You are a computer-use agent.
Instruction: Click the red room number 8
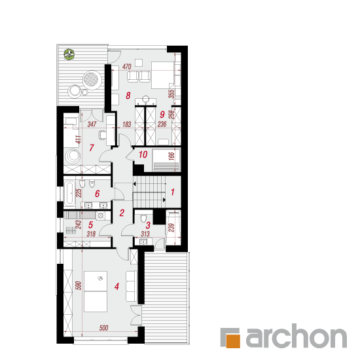[128, 96]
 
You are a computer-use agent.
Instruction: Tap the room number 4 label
[117, 286]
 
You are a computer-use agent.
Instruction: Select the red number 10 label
[143, 154]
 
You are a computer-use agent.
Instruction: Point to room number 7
[92, 148]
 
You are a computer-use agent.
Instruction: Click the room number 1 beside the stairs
[173, 192]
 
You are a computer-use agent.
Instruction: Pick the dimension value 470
[127, 67]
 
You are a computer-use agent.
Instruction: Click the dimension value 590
[79, 285]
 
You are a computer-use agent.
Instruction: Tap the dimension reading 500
[104, 328]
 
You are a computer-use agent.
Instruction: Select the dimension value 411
[79, 139]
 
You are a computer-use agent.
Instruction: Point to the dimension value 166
[171, 156]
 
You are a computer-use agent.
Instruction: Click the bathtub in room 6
[69, 193]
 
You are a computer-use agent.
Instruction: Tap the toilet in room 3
[143, 218]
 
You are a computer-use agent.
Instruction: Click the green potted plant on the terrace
[69, 54]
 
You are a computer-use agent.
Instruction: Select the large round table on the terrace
[92, 79]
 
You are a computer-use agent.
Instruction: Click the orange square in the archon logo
[233, 341]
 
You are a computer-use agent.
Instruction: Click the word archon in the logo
[296, 336]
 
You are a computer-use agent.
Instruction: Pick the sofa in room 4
[132, 286]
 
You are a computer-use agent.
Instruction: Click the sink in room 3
[143, 242]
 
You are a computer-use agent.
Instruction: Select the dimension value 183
[127, 124]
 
